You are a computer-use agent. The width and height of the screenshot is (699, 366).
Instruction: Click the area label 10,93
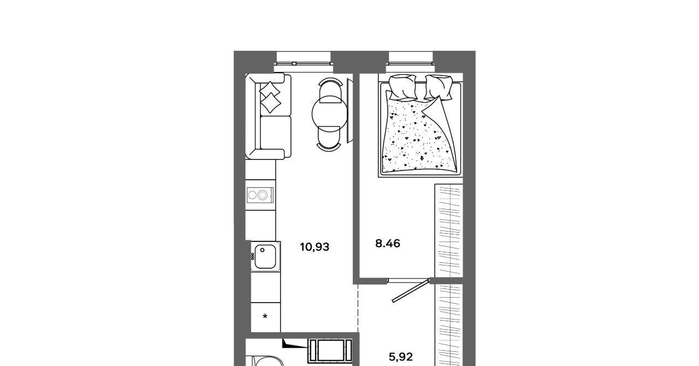click(x=315, y=247)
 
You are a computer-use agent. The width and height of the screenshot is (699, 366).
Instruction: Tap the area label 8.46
click(x=388, y=243)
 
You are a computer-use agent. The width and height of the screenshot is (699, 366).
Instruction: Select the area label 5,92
click(x=401, y=357)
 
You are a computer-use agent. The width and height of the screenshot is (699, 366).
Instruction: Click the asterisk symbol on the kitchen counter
click(x=265, y=317)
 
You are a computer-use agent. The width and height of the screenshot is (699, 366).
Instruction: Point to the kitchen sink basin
click(x=265, y=257)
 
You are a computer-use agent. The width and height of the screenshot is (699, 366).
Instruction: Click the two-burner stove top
click(x=260, y=195)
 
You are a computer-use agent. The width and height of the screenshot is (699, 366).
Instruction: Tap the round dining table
click(x=330, y=114)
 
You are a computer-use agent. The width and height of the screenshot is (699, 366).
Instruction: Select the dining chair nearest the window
click(x=330, y=90)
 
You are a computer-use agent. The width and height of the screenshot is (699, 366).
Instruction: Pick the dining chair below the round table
click(x=329, y=139)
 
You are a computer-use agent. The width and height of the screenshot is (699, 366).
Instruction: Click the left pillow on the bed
click(x=402, y=87)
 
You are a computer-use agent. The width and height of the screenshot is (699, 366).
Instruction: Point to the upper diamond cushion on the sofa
click(x=270, y=90)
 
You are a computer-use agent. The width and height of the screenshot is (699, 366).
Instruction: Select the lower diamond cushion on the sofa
click(x=270, y=103)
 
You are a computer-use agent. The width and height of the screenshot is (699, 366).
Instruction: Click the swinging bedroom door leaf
click(x=410, y=291)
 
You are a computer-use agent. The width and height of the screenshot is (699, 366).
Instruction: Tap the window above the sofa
click(x=303, y=62)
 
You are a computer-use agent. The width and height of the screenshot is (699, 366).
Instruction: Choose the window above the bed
click(x=411, y=62)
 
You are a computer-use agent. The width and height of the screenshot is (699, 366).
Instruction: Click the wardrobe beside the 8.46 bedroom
click(x=449, y=230)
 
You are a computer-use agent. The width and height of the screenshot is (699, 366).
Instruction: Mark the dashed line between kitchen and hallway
click(x=358, y=308)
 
